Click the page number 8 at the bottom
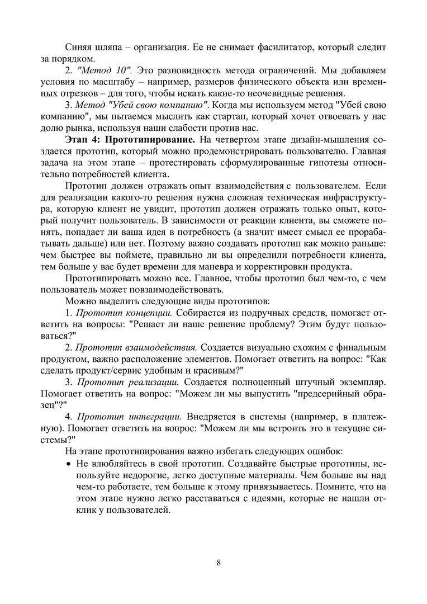pyautogui.click(x=218, y=562)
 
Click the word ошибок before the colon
pyautogui.click(x=322, y=451)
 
